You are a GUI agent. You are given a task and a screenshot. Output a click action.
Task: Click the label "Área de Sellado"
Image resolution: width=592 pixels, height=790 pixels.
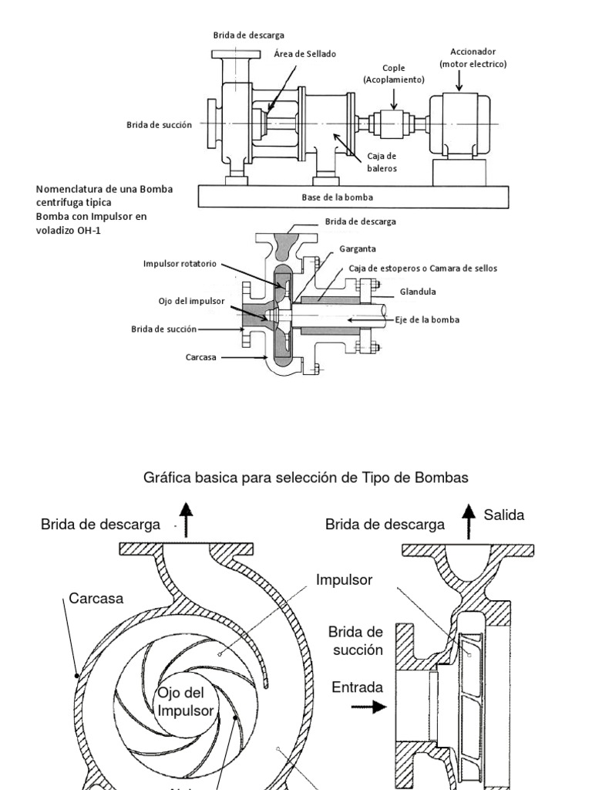tap(305, 54)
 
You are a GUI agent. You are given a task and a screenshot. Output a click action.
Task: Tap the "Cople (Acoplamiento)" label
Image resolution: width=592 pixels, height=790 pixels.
tap(393, 73)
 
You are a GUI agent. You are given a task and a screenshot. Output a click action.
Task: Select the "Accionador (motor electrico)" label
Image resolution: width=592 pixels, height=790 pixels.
tap(473, 58)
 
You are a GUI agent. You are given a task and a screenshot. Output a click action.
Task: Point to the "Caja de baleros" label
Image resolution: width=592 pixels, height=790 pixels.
tap(382, 163)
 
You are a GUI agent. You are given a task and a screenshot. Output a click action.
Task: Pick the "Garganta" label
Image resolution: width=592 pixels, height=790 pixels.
tap(356, 250)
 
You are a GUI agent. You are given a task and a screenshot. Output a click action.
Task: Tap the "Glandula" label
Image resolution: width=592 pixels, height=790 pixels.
tap(418, 292)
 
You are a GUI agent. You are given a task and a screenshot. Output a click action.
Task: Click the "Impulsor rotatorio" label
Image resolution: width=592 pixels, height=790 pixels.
tap(180, 263)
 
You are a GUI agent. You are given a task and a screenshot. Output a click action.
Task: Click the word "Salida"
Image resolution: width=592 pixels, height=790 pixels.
tap(504, 515)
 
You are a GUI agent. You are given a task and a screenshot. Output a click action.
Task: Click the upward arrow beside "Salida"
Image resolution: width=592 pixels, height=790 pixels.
tap(467, 519)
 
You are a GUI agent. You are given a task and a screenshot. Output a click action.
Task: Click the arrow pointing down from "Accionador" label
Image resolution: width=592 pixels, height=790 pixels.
tap(459, 79)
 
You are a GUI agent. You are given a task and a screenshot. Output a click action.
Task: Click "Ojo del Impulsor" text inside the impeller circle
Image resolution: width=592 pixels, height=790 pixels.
tap(184, 701)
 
